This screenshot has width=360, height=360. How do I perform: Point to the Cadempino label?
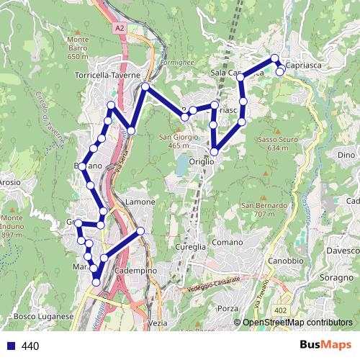[130, 269]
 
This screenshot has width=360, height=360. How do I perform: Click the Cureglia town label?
[191, 246]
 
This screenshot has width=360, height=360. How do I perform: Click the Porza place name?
[227, 308]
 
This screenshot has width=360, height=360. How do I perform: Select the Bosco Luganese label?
[44, 316]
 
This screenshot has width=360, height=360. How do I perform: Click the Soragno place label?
[335, 276]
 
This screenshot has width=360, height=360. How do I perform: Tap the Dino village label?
[346, 154]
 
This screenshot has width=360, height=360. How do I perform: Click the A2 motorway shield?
[119, 27]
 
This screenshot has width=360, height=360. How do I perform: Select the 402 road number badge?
[279, 310]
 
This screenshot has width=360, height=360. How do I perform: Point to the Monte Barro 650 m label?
[76, 47]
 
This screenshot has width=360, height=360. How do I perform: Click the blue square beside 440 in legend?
[10, 346]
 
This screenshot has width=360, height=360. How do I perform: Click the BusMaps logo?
[325, 346]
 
